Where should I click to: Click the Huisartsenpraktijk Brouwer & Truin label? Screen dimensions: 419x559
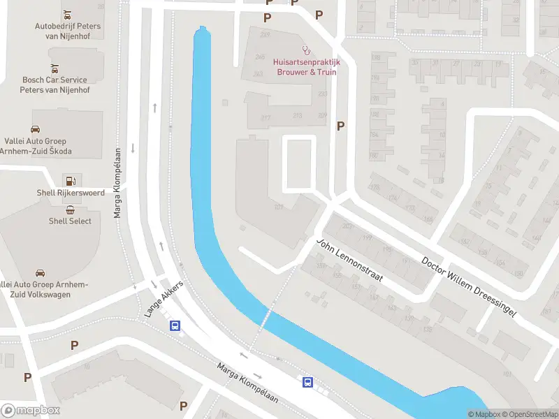[x=305, y=67]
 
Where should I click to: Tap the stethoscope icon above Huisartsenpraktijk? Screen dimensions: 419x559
[x=305, y=50]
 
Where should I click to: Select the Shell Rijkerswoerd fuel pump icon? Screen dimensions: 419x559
[x=71, y=180]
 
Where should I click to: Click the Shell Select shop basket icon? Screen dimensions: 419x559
[x=71, y=209]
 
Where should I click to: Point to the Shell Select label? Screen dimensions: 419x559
[x=70, y=221]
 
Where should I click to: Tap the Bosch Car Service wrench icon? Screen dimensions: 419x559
[x=54, y=68]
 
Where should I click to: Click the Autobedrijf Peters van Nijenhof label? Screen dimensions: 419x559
[x=68, y=31]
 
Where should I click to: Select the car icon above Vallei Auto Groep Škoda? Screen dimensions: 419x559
[x=35, y=128]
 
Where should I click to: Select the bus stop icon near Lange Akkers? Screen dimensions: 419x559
[x=175, y=325]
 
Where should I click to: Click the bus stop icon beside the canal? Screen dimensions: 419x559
[x=307, y=381]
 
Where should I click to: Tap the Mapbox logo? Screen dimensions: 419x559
[x=30, y=411]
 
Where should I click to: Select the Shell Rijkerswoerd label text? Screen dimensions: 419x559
[x=71, y=193]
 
